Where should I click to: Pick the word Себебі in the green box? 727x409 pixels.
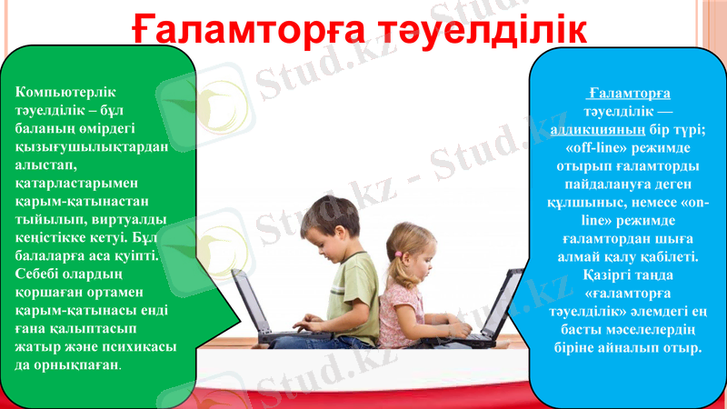[x=38, y=274]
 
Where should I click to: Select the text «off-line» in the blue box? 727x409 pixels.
[x=597, y=146]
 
